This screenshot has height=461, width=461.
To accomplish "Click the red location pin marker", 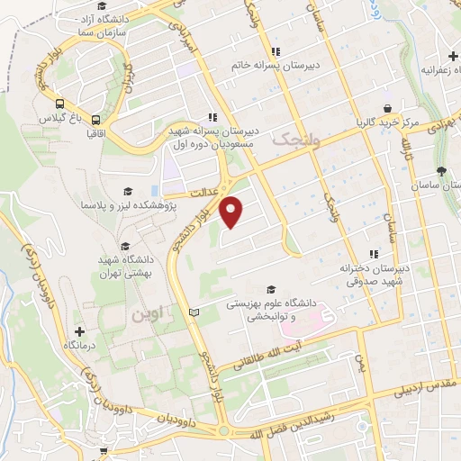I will point(232,212).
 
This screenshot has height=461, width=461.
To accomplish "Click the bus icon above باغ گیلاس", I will point(59,104).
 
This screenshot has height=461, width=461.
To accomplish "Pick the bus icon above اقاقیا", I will point(95,118).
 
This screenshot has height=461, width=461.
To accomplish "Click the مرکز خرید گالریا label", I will point(387,122).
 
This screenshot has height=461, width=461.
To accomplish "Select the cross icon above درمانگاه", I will point(79,330).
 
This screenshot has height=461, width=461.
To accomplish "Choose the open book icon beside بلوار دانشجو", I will point(193,312).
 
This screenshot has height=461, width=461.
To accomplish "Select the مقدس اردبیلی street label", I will point(424,387).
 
